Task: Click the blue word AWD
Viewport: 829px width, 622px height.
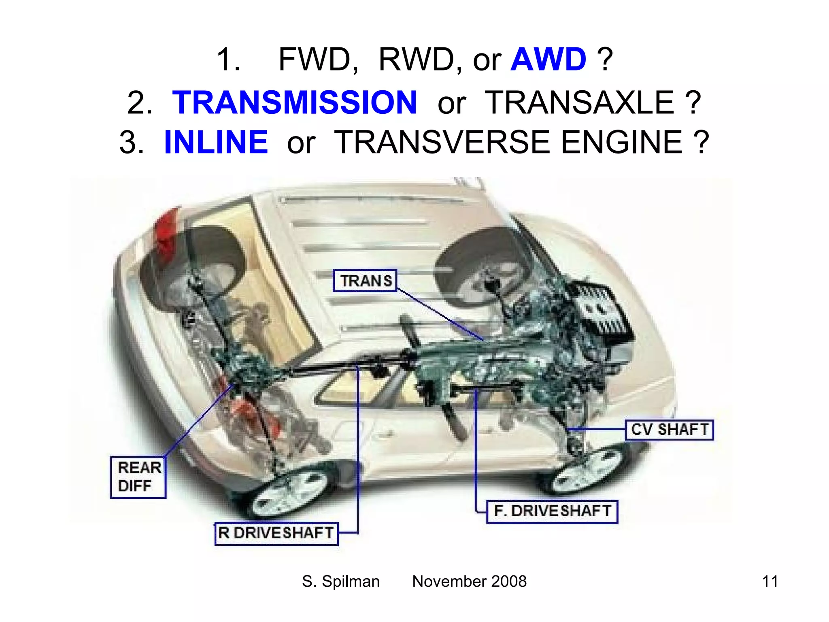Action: point(548,60)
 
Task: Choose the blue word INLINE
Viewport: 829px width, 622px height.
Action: point(216,142)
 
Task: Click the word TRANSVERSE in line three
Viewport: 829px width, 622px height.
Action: point(442,142)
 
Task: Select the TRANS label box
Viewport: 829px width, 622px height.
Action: point(365,281)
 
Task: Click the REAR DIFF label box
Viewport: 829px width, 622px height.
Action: point(138,477)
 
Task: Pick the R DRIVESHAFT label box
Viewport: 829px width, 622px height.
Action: point(276,533)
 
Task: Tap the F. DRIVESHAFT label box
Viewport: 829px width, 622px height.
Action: point(552,511)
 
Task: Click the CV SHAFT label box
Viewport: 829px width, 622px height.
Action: point(670,430)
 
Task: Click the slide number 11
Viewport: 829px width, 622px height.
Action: point(769,582)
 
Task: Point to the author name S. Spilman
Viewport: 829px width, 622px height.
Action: point(341,582)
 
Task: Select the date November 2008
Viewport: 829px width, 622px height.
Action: point(469,582)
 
